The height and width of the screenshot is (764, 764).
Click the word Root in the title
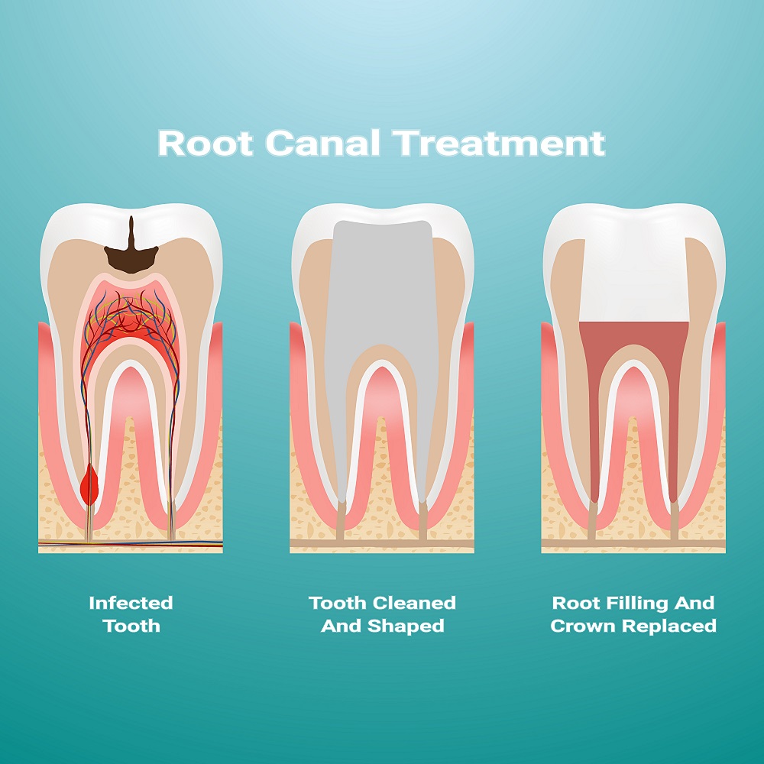206,143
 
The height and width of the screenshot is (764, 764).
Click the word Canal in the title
322,143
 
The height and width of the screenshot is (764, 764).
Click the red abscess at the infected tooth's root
89,484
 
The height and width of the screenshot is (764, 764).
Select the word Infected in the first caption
131,603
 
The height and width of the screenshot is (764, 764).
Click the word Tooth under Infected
131,626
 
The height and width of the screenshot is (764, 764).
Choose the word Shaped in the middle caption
406,626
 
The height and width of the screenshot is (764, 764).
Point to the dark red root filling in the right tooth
633,336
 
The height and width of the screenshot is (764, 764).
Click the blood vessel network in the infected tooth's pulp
130,322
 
